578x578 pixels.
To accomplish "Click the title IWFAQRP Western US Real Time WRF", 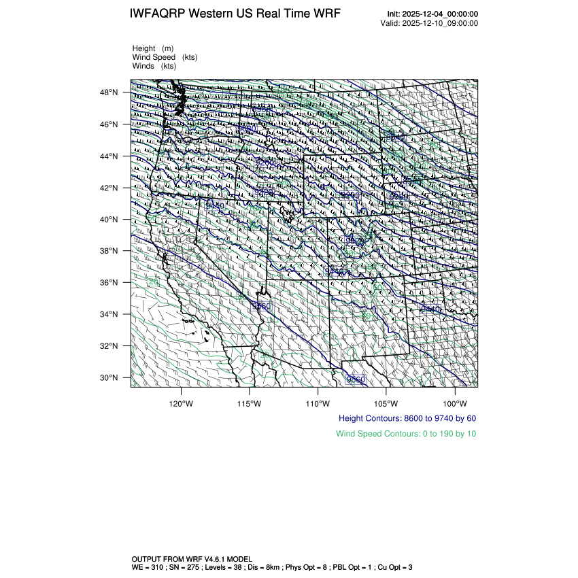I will (235, 14).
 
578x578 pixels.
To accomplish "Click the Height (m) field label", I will (153, 48).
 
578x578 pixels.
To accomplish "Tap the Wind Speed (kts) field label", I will (165, 57).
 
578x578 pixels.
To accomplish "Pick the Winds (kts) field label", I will (154, 66).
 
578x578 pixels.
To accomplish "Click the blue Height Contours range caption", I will (407, 418).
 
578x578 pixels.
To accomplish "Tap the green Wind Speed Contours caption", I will (406, 434).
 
